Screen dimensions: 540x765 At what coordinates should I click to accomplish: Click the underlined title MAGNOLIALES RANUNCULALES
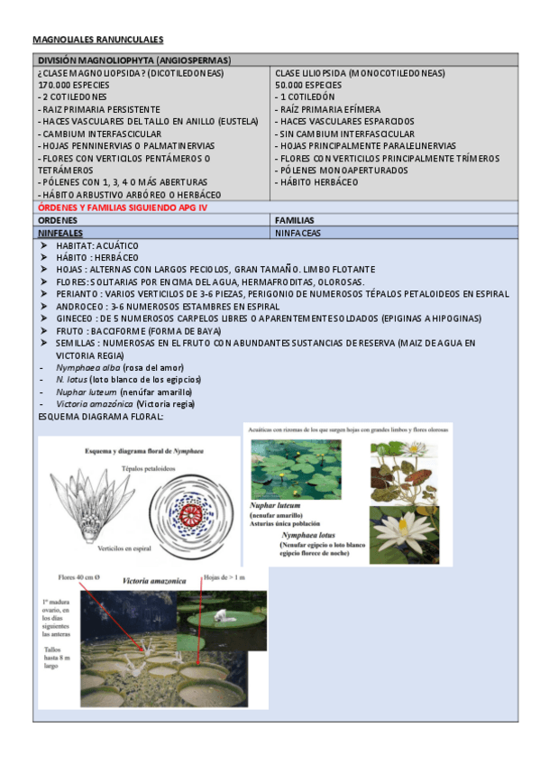tap(98, 40)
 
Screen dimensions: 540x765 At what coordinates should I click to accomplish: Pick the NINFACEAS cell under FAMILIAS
tap(297, 232)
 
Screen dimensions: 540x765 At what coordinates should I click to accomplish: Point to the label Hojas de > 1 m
tap(224, 576)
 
